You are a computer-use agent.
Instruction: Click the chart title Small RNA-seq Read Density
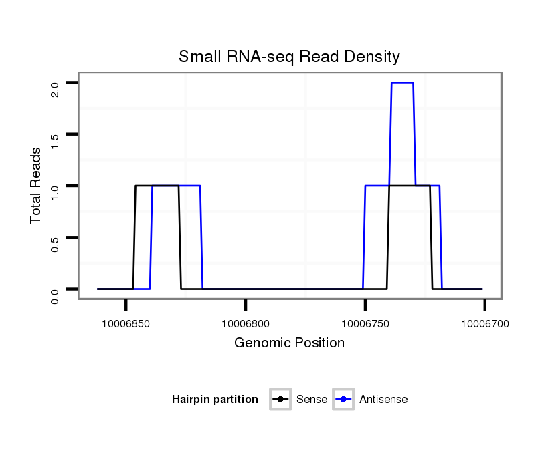point(289,57)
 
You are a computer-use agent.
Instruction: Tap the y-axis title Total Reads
point(35,186)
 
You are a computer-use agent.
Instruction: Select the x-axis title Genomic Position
point(289,343)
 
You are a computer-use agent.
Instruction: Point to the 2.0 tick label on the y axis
point(55,89)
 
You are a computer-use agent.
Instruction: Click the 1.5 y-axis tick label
point(55,140)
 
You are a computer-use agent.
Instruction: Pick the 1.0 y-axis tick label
point(55,192)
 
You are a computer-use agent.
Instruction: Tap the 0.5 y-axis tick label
point(55,243)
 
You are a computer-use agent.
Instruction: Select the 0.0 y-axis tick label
point(55,295)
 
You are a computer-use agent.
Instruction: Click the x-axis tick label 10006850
point(126,324)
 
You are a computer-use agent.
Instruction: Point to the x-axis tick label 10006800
point(246,324)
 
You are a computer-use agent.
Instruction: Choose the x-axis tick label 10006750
point(365,324)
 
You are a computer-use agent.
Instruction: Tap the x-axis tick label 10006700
point(484,324)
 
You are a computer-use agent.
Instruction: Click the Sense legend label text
point(312,400)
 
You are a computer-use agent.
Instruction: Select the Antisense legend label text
point(383,400)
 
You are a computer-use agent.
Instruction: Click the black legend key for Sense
point(280,400)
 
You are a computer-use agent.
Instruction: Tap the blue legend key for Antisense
point(343,400)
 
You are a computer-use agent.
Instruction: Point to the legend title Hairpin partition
point(215,400)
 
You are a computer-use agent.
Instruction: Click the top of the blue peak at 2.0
point(402,82)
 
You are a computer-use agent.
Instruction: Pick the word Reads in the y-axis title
point(35,166)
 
